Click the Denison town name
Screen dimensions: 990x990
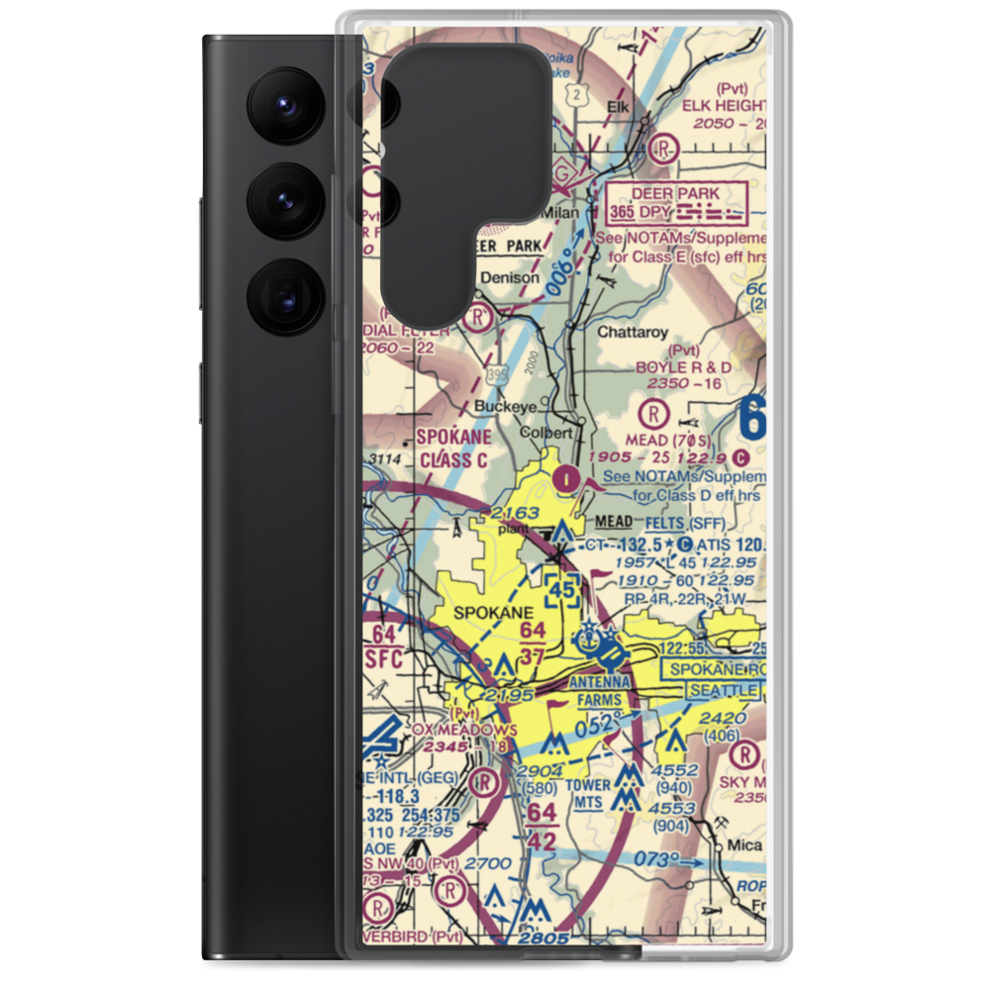coord(511,278)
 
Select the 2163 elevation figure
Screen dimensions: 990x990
coord(515,513)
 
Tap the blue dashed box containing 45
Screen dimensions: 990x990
coord(563,590)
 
